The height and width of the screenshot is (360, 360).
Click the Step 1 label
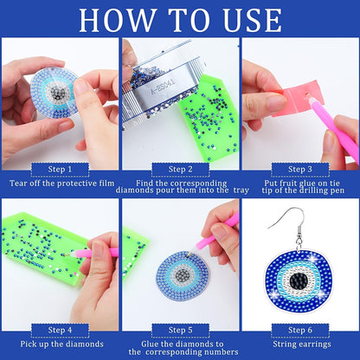coord(60,170)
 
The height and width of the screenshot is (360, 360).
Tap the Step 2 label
coord(180,170)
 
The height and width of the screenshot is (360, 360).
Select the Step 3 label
coord(300,170)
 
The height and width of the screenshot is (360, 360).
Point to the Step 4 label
coord(60,330)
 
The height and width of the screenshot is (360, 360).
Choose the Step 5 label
coord(180,330)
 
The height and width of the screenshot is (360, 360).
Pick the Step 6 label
coord(300,330)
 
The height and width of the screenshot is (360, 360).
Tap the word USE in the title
coord(253,20)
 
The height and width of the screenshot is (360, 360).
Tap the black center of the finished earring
coord(299,280)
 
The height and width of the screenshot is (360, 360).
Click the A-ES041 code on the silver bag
coord(163,86)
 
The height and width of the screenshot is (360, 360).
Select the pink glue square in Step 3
coord(298,98)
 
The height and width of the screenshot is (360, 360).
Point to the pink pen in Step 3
coord(335,126)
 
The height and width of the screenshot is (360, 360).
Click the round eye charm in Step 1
coord(55,93)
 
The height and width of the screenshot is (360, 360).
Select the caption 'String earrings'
coord(302,344)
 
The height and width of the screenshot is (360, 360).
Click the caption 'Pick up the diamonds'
coord(61,344)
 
